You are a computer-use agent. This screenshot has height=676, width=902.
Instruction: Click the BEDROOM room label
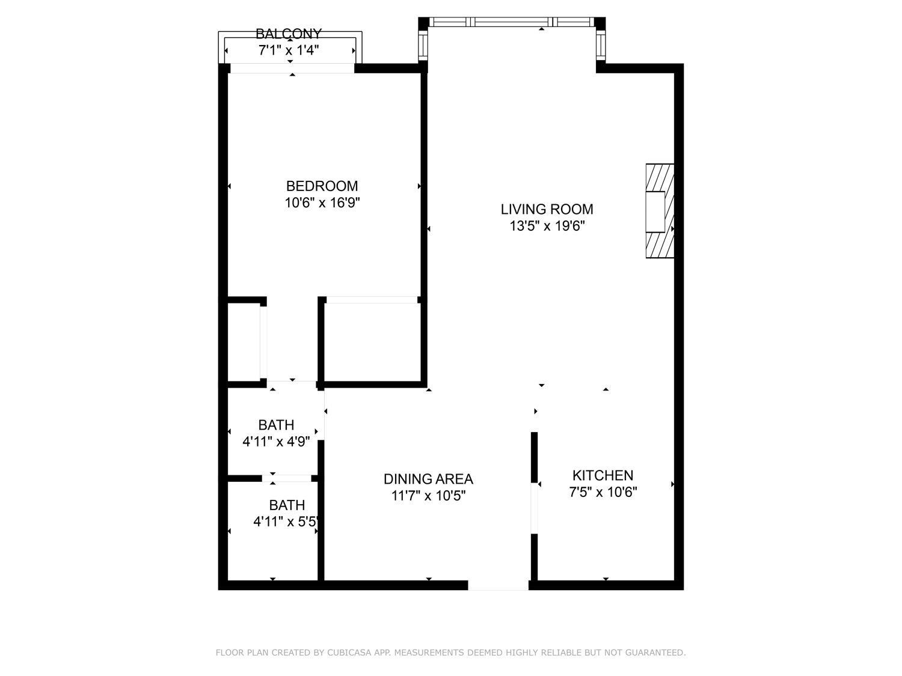(322, 186)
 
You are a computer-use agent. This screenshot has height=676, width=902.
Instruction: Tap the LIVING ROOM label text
(547, 209)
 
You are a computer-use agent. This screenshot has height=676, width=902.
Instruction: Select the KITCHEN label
(603, 475)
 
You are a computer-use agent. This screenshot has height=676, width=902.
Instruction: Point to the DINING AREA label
(428, 479)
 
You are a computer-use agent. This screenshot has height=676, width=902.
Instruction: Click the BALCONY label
(289, 34)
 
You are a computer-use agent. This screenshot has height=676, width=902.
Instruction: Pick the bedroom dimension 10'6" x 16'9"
(322, 203)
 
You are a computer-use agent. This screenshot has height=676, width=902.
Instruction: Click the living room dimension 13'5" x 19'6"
(547, 227)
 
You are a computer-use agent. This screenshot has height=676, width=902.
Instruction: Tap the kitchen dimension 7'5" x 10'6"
(603, 492)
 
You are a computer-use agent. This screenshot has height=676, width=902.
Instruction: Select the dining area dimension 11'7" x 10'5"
(428, 496)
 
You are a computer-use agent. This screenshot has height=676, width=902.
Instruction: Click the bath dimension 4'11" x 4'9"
(276, 442)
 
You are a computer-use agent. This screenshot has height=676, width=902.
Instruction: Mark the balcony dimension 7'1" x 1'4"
(289, 50)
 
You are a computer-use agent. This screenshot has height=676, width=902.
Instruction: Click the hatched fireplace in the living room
(659, 211)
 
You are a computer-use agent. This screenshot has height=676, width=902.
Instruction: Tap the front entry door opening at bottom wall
(498, 585)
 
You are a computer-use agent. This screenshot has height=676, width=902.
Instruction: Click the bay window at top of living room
(511, 22)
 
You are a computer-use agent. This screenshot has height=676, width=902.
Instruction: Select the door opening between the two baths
(286, 478)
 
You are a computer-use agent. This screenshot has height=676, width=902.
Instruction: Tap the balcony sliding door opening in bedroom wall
(292, 69)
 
